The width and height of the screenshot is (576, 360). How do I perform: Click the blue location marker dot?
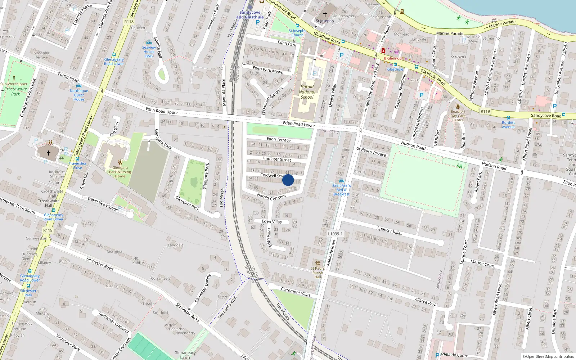[288, 180]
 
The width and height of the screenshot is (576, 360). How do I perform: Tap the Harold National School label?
[307, 92]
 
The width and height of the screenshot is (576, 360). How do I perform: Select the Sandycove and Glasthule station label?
[250, 15]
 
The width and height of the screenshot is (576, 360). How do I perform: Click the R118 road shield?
[129, 22]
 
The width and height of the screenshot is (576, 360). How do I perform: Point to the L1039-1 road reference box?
[335, 234]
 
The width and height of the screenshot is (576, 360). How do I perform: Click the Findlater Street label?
[276, 159]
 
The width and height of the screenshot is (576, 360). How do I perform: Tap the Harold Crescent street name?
[271, 197]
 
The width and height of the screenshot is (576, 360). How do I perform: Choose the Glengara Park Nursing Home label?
[120, 172]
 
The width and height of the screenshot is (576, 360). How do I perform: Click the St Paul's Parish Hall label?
[318, 273]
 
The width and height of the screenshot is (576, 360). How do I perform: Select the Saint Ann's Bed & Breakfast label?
[341, 190]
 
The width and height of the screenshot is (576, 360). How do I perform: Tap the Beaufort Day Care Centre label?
[458, 116]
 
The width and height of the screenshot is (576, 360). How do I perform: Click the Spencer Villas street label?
[390, 230]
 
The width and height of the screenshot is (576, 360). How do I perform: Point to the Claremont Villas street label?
[296, 292]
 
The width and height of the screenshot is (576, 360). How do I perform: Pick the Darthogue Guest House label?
[79, 95]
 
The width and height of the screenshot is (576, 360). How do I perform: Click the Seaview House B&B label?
[149, 51]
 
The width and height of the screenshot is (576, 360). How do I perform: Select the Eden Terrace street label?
[278, 139]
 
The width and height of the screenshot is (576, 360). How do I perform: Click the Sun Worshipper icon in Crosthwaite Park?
[14, 78]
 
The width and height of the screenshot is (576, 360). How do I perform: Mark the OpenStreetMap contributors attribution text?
[548, 357]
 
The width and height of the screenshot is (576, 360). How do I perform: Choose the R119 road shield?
[485, 111]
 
